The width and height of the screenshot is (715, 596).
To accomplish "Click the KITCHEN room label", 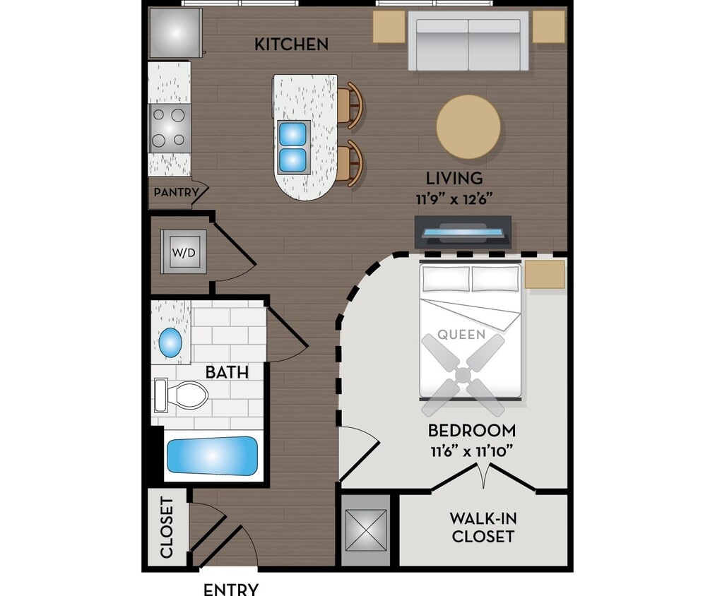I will pos(291,44).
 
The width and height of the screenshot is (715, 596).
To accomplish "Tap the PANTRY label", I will pos(172,192).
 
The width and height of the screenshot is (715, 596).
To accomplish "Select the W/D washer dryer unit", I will pos(183,251).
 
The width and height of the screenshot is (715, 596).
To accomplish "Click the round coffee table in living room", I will pos(468,127).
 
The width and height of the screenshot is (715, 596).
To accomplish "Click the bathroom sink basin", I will pos(170,342).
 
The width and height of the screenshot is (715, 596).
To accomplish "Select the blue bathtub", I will pos(212,455).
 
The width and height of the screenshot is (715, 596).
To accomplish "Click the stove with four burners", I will pos(170,127).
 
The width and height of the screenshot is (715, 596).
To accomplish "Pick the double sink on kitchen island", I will pos(293,147).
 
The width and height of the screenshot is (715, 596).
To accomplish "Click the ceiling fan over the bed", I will pos(463,374).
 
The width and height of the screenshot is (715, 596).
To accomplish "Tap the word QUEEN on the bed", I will pos(461,335).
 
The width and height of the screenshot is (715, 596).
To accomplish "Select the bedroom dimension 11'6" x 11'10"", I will pos(472,451).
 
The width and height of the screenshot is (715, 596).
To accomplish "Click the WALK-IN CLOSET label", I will pos(483,528).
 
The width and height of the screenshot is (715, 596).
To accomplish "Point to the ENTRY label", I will pos(231,589).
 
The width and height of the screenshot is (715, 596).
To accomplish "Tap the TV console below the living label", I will pos(463,232).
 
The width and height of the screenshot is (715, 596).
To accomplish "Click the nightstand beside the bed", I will pos(545,274).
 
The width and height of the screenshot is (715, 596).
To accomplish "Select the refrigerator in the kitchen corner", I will pos(171,32).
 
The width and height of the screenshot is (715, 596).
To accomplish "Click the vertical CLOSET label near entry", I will pos(167,528).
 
